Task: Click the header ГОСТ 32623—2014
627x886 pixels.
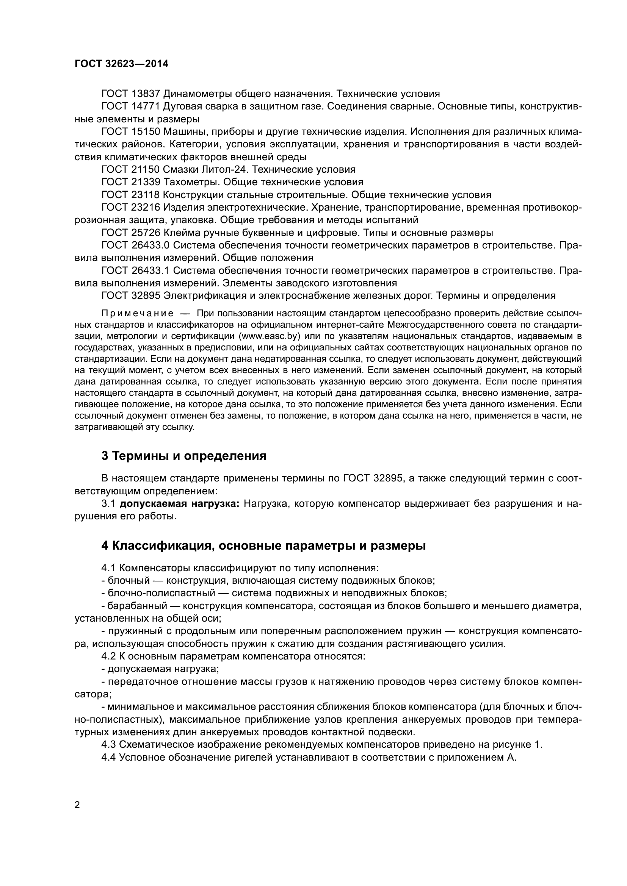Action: (121, 64)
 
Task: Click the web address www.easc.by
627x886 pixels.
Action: (270, 336)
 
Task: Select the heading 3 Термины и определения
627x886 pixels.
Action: (184, 456)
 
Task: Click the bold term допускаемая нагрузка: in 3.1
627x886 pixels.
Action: (180, 504)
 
